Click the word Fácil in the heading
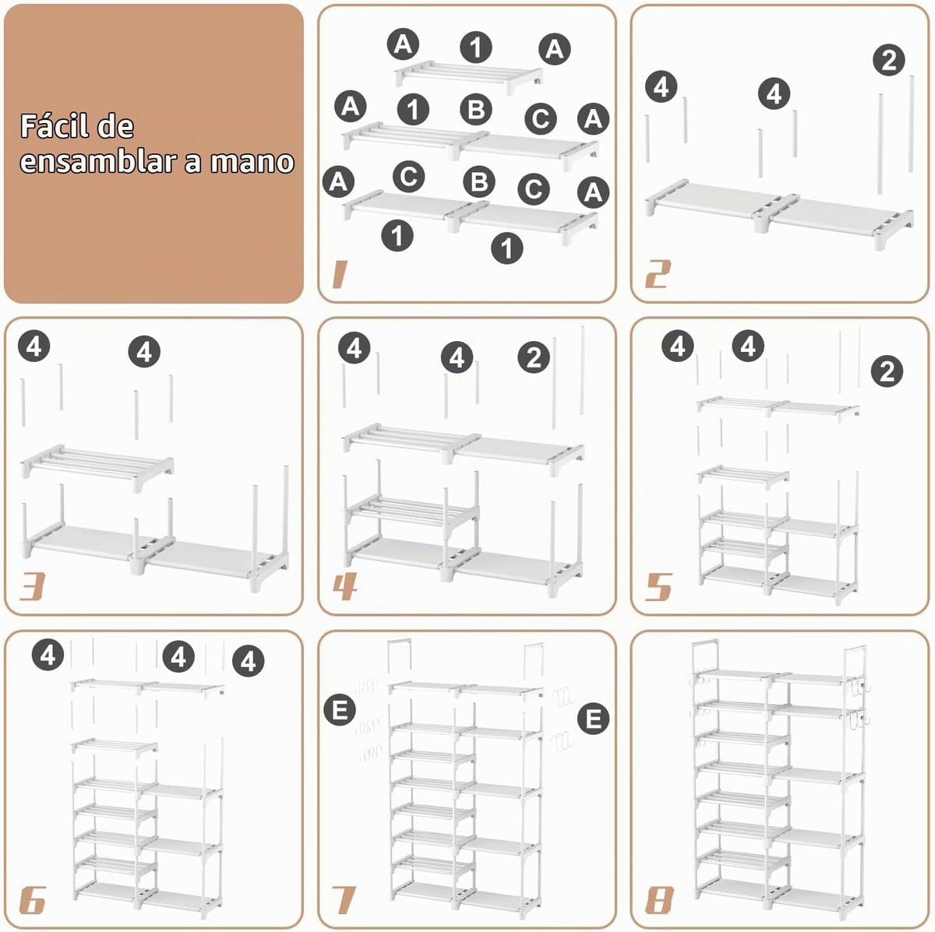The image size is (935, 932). pos(55,126)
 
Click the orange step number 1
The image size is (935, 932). pos(339,274)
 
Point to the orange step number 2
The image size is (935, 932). pos(658,274)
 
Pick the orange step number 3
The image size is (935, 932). pos(32,586)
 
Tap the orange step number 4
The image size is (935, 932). pos(345,586)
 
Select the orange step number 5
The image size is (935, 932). pos(658,586)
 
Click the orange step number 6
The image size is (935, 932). pos(33,900)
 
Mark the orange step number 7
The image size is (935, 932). pos(344,900)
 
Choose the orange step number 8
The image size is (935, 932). pos(659,900)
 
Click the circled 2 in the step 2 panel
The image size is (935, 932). pos(888,61)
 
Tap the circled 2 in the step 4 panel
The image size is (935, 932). pos(533,358)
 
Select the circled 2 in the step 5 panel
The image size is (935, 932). pos(887,371)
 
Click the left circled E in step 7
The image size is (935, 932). pos(340,709)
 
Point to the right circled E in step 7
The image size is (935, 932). pos(594,718)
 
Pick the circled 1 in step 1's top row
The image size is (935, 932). pos(476,47)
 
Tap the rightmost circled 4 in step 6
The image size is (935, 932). pos(249,661)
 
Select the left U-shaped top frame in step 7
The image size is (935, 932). pos(400,641)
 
